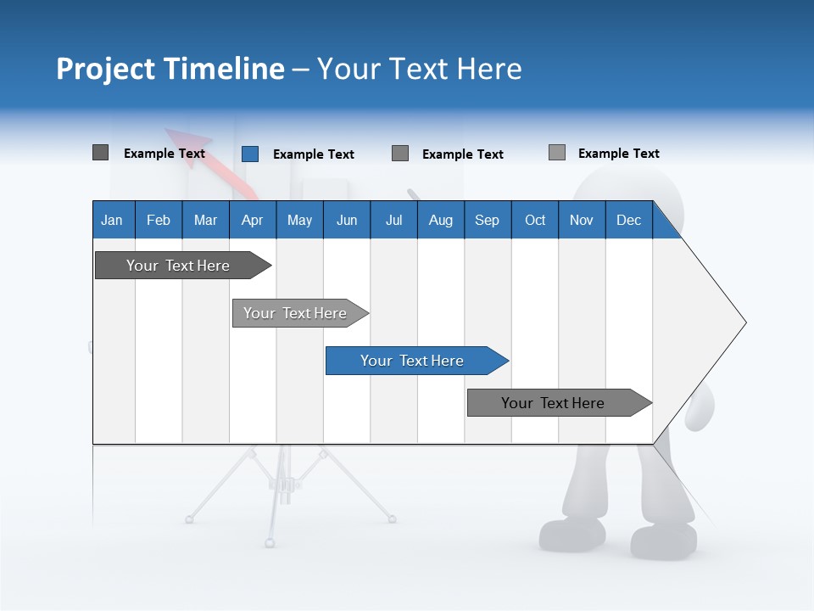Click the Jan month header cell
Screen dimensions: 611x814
click(113, 220)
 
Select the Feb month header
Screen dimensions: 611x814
click(159, 220)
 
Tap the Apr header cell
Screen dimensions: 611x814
click(253, 220)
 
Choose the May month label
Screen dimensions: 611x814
click(299, 220)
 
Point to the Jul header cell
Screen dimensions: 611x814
click(393, 220)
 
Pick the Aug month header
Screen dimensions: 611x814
click(441, 220)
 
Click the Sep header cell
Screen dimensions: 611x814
click(488, 220)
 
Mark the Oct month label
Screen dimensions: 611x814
click(535, 220)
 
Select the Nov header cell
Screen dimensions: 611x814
click(582, 220)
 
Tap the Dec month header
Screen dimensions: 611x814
click(629, 220)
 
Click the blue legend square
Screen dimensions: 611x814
click(250, 154)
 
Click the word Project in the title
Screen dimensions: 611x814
click(105, 69)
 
